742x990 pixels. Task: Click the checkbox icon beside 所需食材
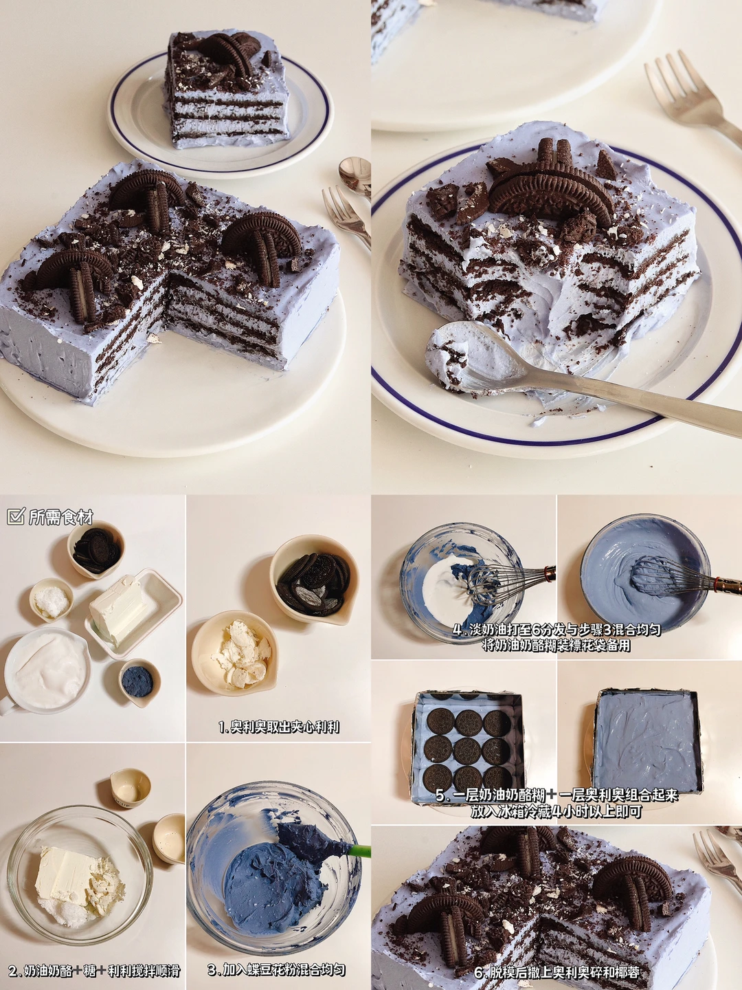tap(16, 516)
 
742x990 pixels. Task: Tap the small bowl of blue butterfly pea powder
tap(139, 681)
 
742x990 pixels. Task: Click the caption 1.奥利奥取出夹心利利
tap(278, 727)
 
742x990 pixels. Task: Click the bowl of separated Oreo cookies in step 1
tap(315, 579)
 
